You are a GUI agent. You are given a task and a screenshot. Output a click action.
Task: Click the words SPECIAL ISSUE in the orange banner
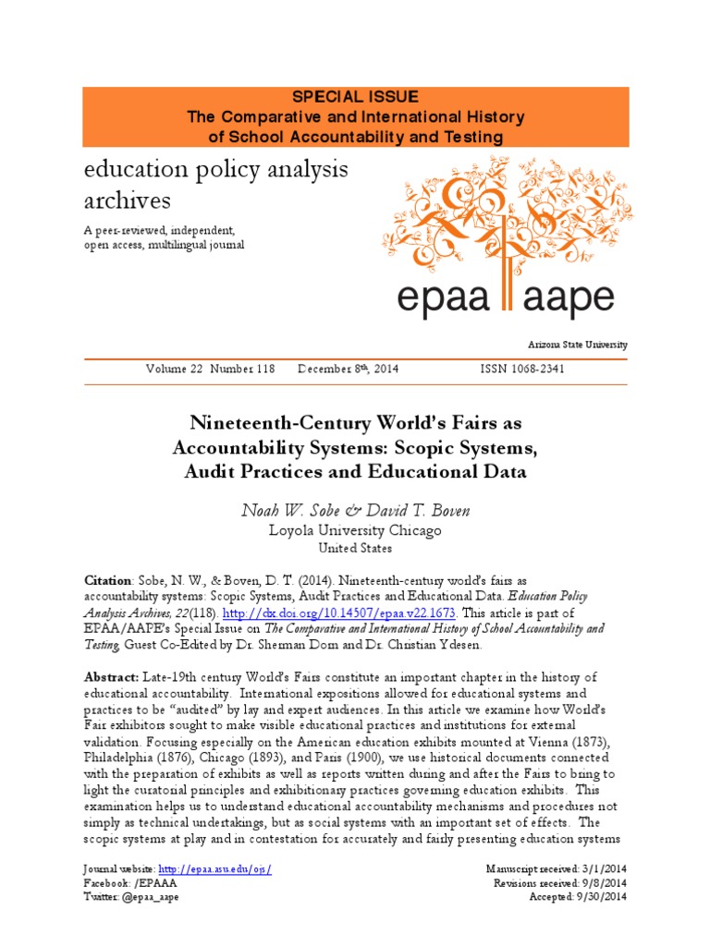[355, 97]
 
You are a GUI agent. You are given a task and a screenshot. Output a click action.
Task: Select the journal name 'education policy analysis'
[215, 169]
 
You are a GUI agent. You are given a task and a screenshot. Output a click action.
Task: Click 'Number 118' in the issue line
[241, 369]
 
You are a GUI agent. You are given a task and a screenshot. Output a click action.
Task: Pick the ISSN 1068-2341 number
[522, 369]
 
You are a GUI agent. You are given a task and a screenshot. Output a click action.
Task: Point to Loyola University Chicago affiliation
[355, 530]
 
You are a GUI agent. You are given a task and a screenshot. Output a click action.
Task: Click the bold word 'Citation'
[107, 580]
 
